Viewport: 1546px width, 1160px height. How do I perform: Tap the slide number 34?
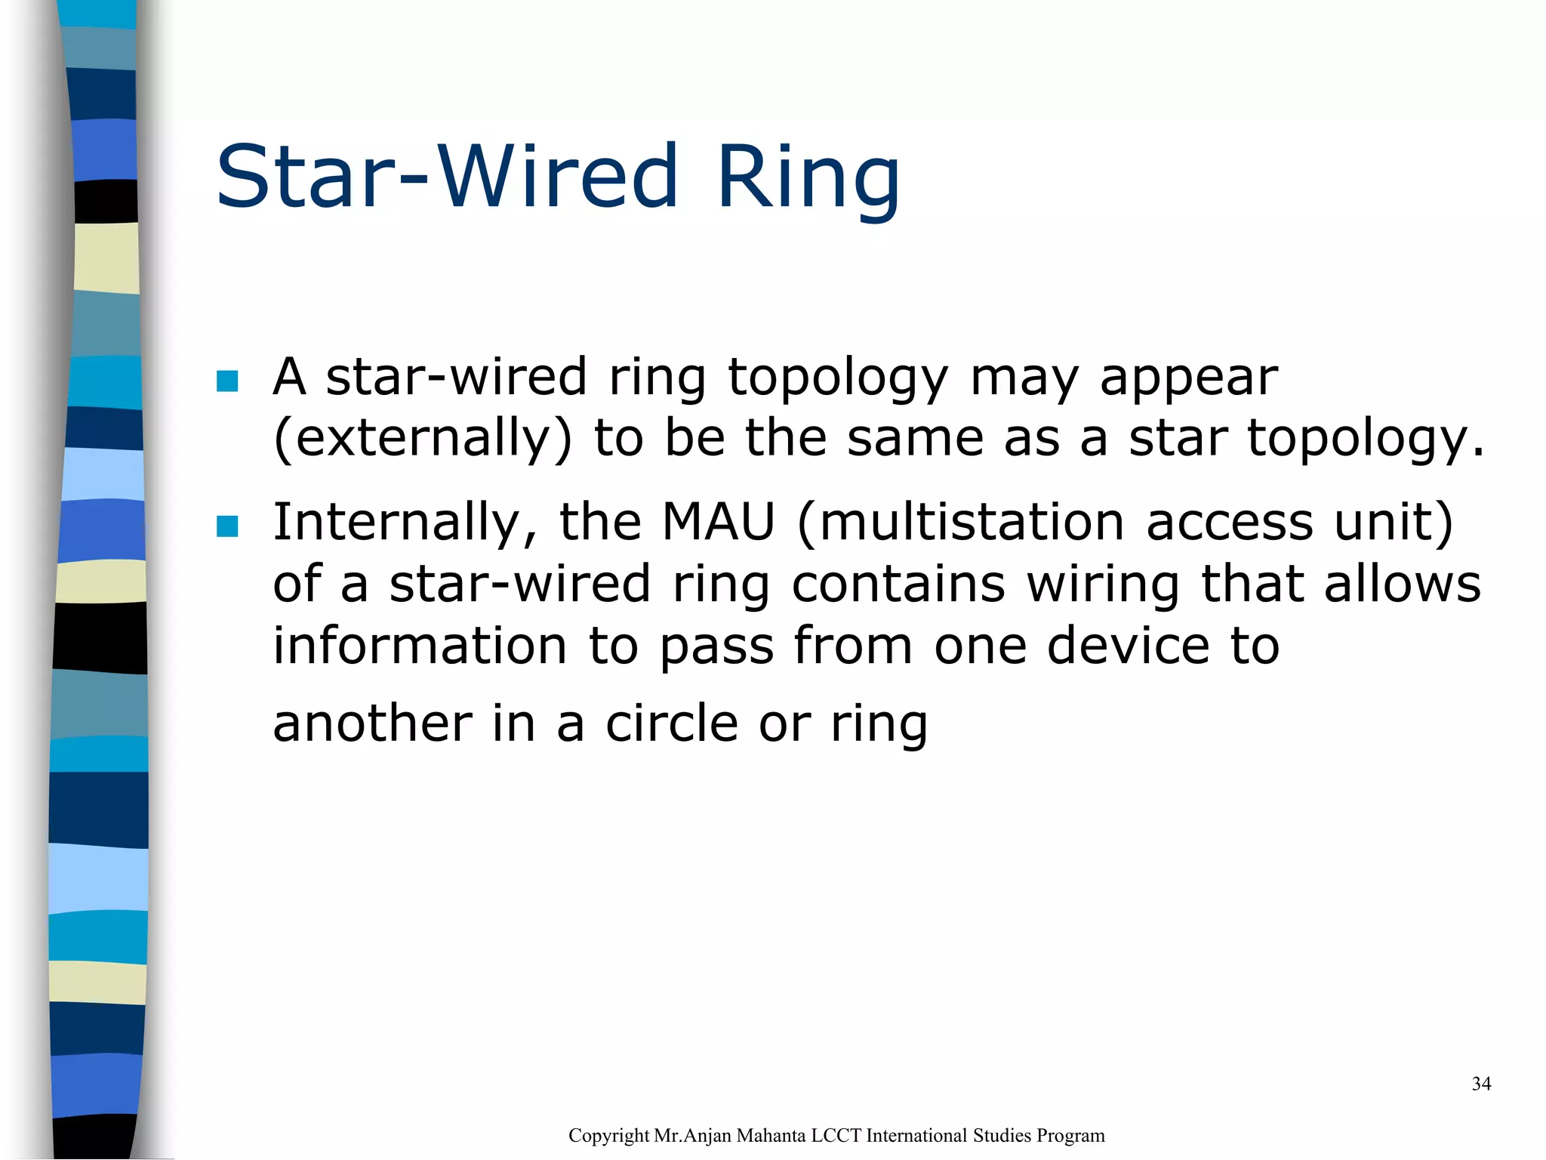tap(1481, 1084)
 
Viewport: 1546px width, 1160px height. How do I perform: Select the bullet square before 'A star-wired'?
tap(226, 381)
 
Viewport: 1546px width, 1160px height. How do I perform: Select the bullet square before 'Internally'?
tap(226, 526)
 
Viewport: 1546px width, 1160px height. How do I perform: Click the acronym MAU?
tap(719, 522)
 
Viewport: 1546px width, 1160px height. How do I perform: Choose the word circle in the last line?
tap(671, 723)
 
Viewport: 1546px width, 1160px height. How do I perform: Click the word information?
tap(419, 646)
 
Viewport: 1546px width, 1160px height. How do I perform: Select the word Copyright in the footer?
tap(608, 1136)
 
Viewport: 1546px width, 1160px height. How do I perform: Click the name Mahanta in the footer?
tap(769, 1136)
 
